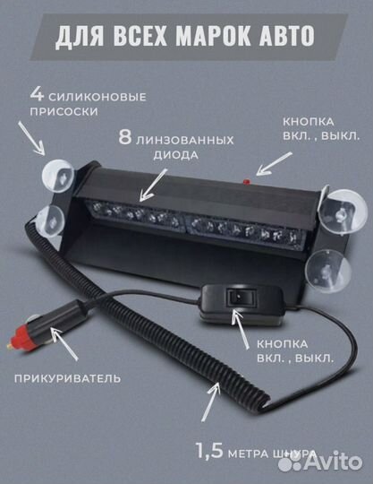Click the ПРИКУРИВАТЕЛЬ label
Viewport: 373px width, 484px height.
[66, 378]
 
